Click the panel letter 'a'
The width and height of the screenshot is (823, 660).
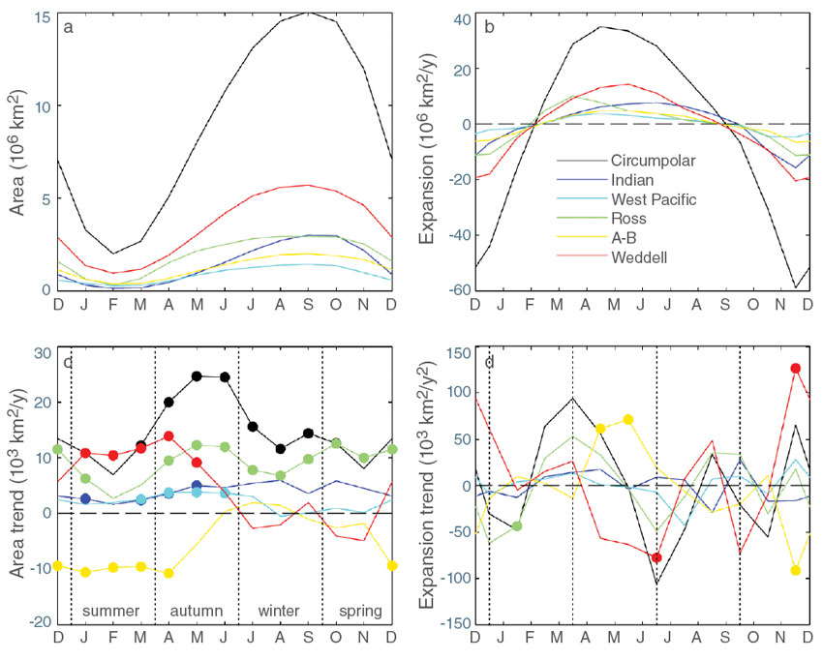68,26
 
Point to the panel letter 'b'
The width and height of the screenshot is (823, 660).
490,26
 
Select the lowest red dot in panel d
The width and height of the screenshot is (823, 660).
656,557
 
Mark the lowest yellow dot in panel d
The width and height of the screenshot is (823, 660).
795,570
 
